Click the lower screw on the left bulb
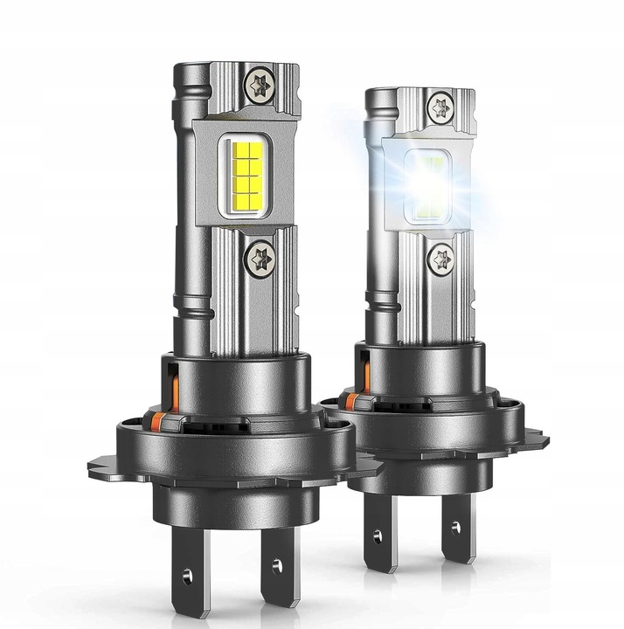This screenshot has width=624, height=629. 260,259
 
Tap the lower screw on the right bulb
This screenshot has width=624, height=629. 441,258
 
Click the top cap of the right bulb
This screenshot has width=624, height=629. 419,98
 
